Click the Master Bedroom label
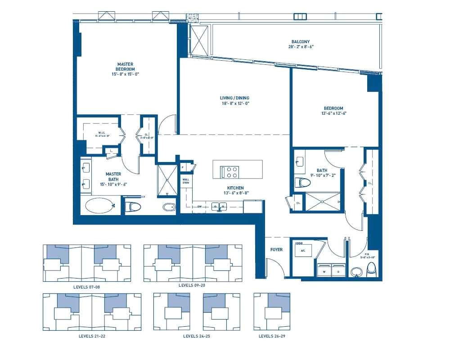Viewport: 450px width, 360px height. [x=126, y=66]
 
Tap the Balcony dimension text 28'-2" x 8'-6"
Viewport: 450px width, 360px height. [x=301, y=47]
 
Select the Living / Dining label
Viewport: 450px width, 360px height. [x=234, y=98]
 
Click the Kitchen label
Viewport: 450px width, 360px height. [x=235, y=188]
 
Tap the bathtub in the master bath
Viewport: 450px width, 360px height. [x=99, y=206]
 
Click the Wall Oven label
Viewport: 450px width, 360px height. [x=185, y=181]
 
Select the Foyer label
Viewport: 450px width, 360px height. [x=276, y=249]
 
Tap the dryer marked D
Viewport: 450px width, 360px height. [x=338, y=271]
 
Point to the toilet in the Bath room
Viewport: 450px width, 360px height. [x=304, y=182]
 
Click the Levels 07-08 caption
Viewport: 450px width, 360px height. [x=86, y=286]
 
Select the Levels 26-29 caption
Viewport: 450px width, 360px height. [x=272, y=336]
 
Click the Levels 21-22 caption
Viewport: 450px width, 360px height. [x=92, y=336]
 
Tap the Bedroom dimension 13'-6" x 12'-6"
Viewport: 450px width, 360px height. [x=333, y=113]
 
